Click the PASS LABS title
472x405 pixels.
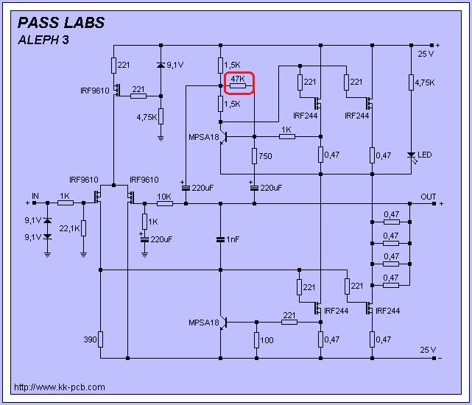(61, 22)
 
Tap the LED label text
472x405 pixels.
(425, 155)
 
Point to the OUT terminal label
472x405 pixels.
(428, 197)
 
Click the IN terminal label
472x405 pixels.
(35, 196)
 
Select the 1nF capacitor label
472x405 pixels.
(233, 239)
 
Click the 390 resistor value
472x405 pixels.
(90, 339)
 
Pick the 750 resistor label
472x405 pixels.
(266, 156)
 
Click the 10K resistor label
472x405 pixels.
(164, 197)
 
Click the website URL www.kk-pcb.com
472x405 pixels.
(59, 387)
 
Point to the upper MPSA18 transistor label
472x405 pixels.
(203, 137)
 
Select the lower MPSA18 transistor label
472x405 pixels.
(203, 323)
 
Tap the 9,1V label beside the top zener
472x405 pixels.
(175, 65)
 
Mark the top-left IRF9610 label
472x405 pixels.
(94, 91)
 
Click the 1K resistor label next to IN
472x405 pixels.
(65, 197)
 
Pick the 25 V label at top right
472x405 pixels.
(426, 54)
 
